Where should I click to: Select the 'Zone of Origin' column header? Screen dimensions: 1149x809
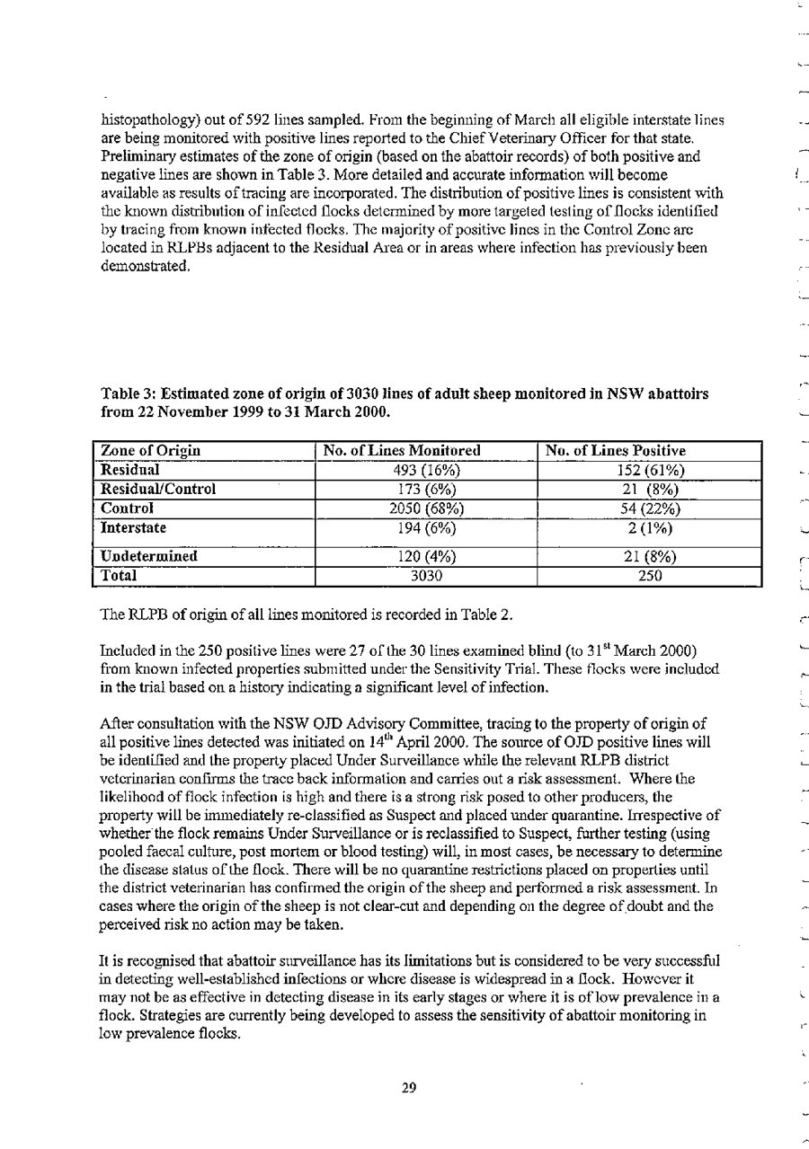tap(144, 450)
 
